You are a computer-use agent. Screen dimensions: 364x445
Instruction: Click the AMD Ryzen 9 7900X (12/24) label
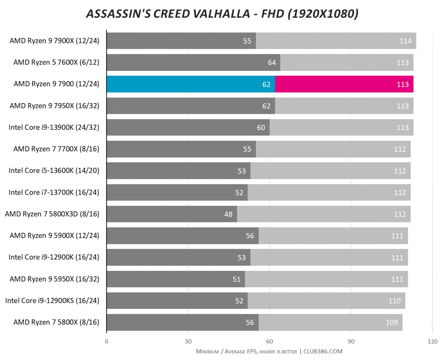coord(55,41)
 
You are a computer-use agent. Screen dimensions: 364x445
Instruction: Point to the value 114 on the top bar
coord(405,41)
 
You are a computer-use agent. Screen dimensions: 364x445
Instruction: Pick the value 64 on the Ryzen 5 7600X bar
coord(271,62)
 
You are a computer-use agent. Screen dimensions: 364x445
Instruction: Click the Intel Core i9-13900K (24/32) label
coord(54,127)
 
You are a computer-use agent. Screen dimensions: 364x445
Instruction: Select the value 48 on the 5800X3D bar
coord(228,214)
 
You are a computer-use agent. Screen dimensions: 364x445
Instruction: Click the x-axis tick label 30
coord(188,341)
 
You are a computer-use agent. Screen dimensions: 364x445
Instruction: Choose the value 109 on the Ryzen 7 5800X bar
coord(392,322)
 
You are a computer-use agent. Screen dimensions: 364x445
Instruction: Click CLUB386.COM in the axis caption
coord(323,351)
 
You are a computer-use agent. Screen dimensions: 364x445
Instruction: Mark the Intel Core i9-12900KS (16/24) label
coord(52,301)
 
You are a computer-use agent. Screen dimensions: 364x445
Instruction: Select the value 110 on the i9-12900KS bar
coord(395,301)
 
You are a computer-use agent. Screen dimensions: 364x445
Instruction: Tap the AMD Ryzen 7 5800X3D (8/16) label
coord(52,214)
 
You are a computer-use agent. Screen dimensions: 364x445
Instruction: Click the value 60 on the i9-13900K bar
coord(261,128)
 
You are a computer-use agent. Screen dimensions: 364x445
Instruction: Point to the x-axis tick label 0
coord(107,341)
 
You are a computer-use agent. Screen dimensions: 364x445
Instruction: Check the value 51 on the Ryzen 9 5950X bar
coord(237,279)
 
